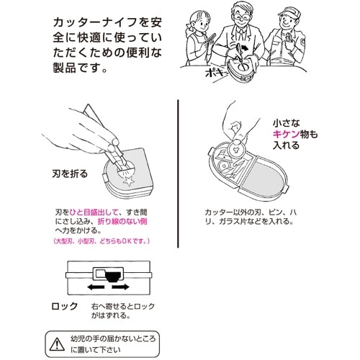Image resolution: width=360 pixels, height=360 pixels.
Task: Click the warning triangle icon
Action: (x=55, y=338)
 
